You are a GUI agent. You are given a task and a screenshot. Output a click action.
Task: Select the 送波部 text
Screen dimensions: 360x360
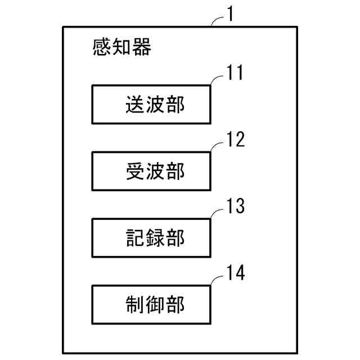pyautogui.click(x=154, y=105)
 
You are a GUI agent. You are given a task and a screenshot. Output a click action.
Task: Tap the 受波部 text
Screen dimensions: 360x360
pyautogui.click(x=154, y=172)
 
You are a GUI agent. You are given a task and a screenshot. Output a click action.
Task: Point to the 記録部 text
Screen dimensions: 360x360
pyautogui.click(x=154, y=238)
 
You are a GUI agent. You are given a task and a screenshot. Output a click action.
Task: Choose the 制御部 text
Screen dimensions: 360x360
pyautogui.click(x=154, y=305)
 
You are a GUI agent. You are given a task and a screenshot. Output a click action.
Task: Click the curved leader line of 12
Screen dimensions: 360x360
pyautogui.click(x=217, y=146)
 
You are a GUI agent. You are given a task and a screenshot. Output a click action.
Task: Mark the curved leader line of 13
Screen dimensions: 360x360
pyautogui.click(x=217, y=213)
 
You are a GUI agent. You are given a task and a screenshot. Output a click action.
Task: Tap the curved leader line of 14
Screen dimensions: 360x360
pyautogui.click(x=217, y=280)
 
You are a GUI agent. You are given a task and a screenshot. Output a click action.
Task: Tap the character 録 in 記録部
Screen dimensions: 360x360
pyautogui.click(x=154, y=238)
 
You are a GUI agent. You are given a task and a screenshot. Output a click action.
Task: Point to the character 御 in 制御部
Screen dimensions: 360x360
pyautogui.click(x=154, y=305)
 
